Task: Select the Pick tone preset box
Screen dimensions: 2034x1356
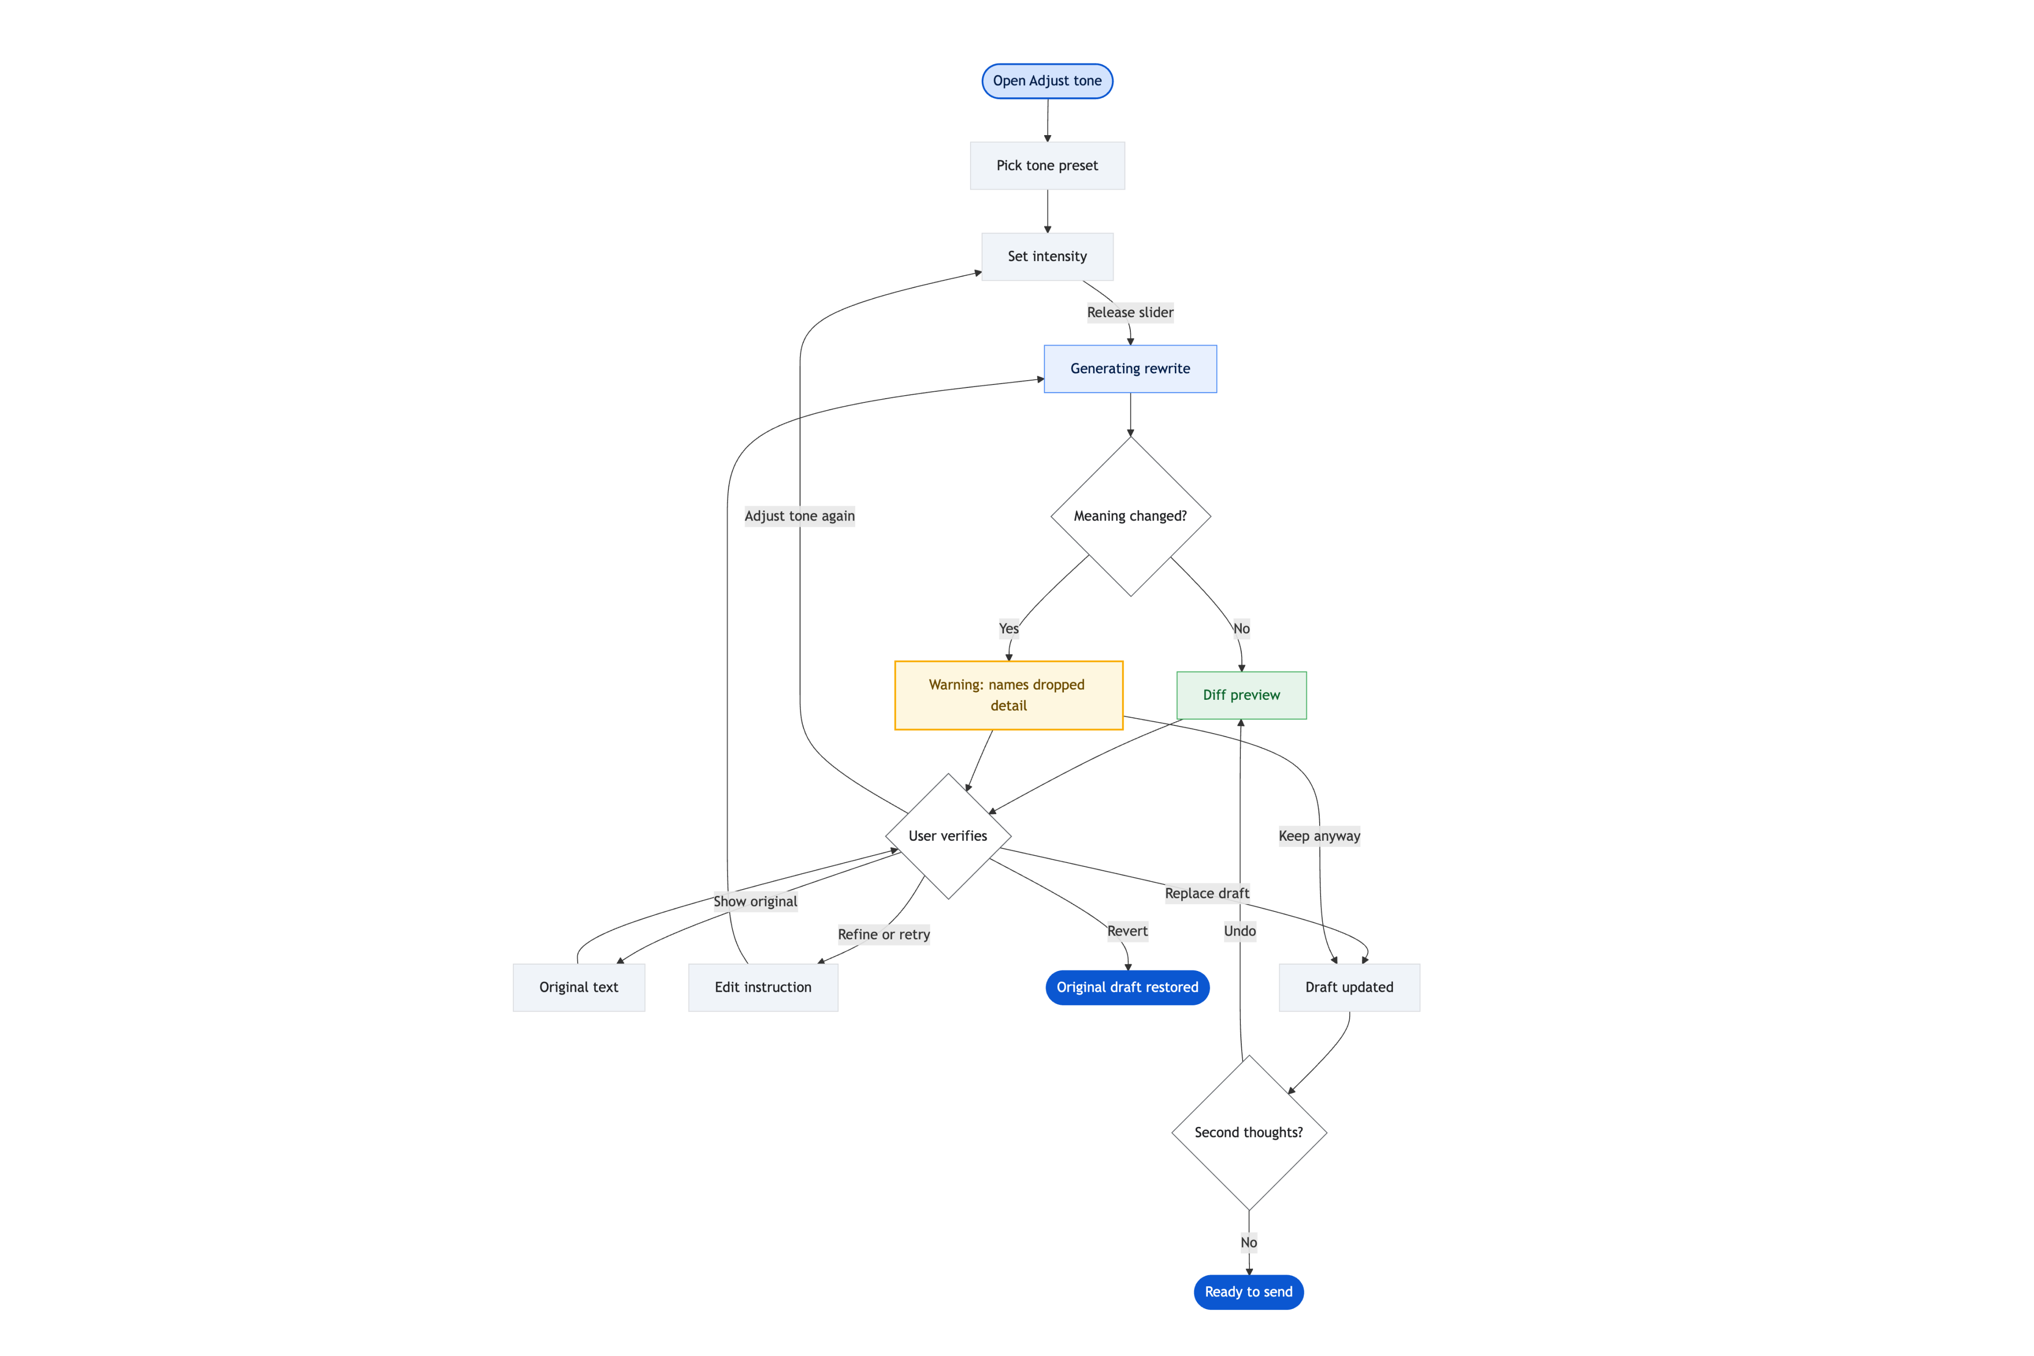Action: (x=1047, y=165)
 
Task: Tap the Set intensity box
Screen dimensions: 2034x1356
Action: (x=1047, y=256)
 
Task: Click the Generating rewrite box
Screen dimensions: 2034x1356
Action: (x=1130, y=369)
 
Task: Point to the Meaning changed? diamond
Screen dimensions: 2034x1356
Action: (x=1130, y=516)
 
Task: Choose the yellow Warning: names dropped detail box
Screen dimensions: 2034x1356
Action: (x=1008, y=695)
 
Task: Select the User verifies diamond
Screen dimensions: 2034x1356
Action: (x=948, y=836)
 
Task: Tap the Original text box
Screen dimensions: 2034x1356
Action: (x=579, y=987)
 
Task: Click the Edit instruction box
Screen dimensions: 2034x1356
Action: (x=763, y=987)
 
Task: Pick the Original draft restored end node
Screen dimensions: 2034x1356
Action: (x=1127, y=987)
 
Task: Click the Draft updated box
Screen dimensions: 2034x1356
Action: (x=1349, y=987)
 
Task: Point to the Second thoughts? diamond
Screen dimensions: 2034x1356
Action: (x=1249, y=1133)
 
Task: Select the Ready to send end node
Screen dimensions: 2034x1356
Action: (x=1249, y=1292)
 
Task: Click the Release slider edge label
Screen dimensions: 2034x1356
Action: (x=1130, y=312)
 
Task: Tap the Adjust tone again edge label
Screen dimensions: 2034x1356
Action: (x=800, y=516)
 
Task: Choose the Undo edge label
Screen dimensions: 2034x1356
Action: (x=1240, y=931)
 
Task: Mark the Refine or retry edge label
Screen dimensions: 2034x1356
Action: (x=884, y=935)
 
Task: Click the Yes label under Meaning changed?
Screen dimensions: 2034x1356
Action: (x=1008, y=629)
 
